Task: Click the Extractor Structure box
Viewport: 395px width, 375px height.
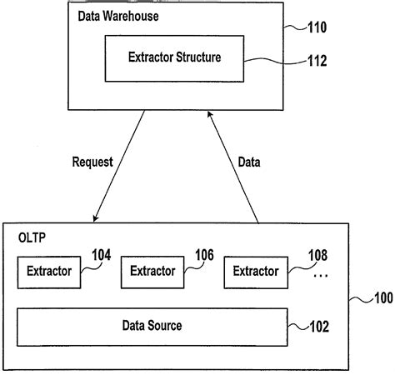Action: pos(174,57)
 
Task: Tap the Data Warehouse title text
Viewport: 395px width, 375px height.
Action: pos(118,16)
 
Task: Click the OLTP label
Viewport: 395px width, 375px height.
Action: pos(32,238)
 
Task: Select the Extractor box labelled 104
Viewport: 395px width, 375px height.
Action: pos(49,272)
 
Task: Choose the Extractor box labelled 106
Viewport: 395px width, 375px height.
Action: pos(152,272)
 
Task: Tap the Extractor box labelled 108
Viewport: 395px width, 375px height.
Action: pos(255,272)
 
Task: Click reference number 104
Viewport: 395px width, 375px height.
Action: pos(100,257)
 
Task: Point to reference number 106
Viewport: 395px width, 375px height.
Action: pos(204,257)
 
